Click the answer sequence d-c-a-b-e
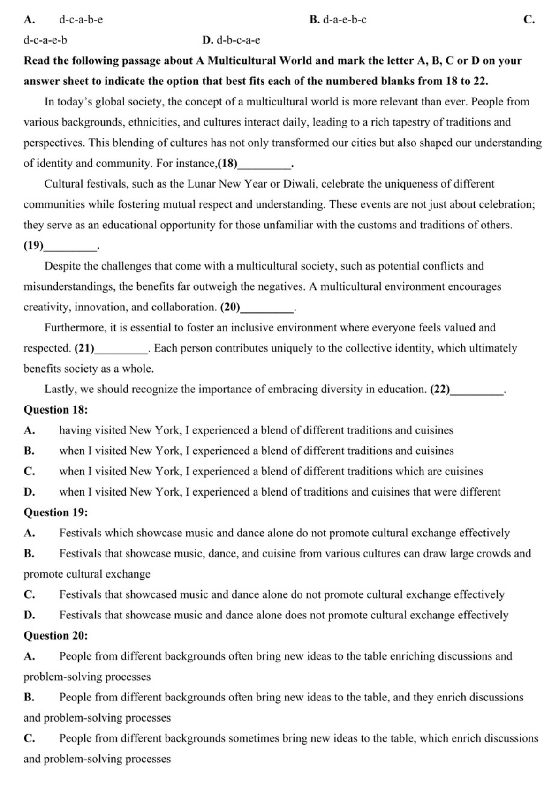(81, 20)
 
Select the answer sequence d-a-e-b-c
(345, 20)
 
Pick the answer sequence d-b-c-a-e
(238, 40)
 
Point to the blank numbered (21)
(121, 349)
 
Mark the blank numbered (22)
(476, 390)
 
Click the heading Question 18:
(56, 410)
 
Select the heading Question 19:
(56, 512)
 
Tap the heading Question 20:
(56, 636)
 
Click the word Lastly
(59, 390)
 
